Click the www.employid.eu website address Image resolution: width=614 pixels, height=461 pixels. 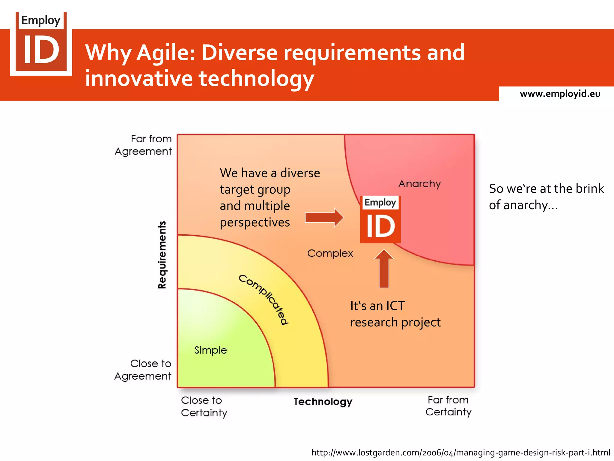click(560, 94)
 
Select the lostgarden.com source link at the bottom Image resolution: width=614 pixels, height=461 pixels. click(460, 452)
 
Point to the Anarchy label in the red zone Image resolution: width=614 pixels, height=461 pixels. click(419, 184)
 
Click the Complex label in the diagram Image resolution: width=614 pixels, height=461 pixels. click(330, 253)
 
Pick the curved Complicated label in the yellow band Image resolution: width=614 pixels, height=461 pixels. click(264, 299)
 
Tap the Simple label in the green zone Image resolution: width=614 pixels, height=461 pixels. click(210, 350)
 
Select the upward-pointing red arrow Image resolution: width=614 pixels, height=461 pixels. click(384, 269)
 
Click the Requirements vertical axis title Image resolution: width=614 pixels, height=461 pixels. click(162, 255)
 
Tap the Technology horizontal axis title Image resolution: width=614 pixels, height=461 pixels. click(323, 402)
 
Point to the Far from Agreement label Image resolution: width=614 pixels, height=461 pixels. click(143, 145)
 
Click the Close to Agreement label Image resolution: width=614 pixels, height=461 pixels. click(143, 370)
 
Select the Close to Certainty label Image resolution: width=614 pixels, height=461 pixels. click(204, 406)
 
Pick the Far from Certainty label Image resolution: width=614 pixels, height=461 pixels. click(448, 406)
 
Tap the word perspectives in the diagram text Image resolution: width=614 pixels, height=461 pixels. click(255, 222)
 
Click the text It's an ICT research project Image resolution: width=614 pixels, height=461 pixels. click(395, 314)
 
